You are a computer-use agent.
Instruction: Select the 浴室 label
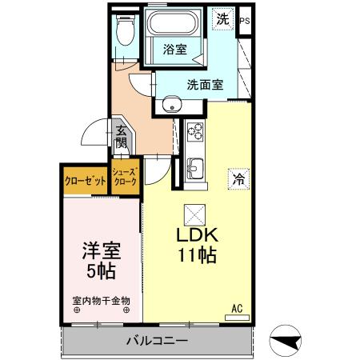coord(175,49)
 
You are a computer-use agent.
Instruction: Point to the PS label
coord(245,21)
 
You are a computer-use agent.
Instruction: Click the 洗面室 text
coord(205,84)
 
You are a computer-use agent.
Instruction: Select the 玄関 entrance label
coord(121,137)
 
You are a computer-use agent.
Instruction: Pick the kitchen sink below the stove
coord(194,168)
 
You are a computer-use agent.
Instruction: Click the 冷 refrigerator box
coord(238,178)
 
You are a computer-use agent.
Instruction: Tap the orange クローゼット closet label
coord(86,181)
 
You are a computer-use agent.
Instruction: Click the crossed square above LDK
coord(194,214)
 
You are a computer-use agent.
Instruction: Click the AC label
coord(237,308)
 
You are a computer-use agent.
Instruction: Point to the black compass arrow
coord(286,342)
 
